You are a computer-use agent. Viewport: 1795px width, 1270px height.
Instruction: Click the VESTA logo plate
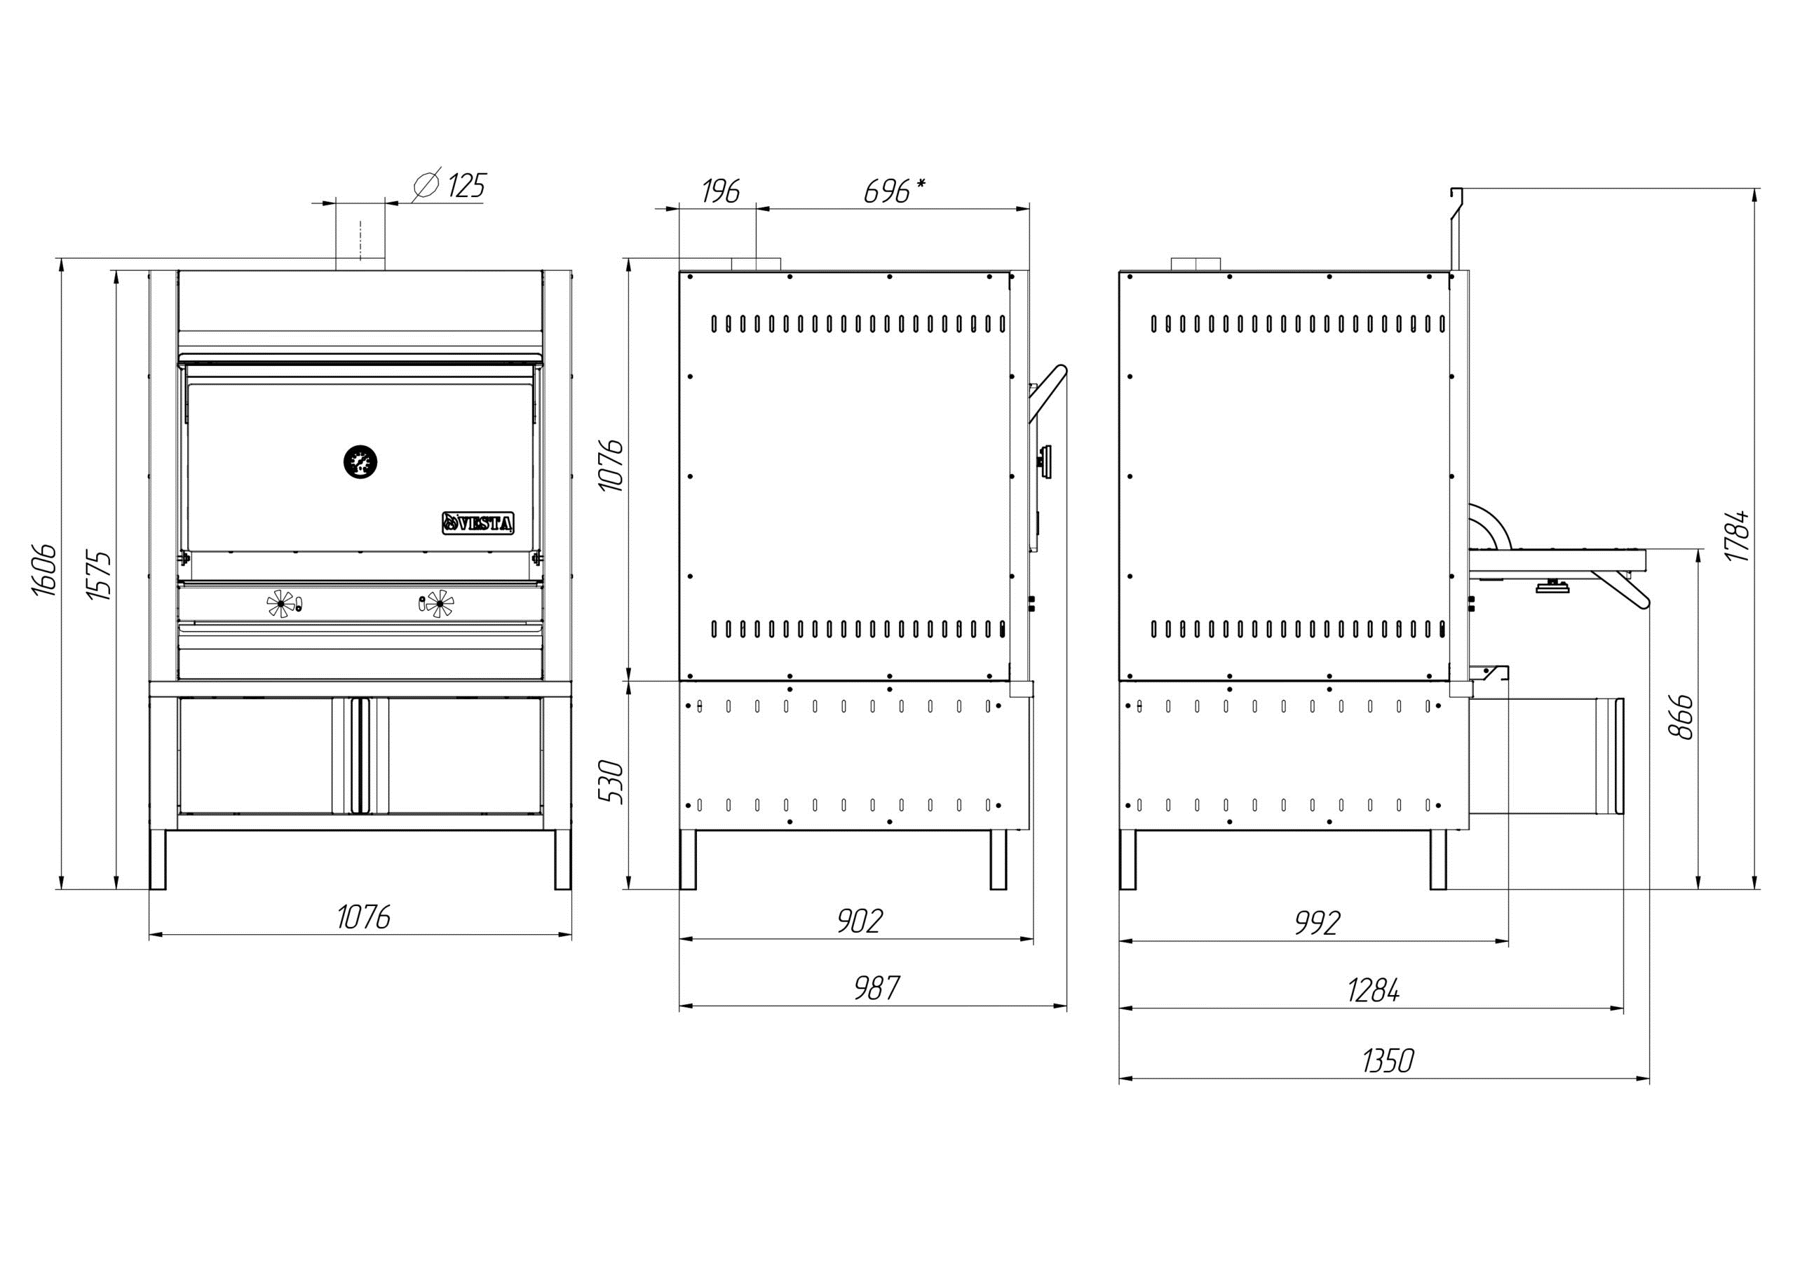(478, 523)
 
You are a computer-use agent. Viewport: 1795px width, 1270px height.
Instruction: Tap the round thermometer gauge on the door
(360, 461)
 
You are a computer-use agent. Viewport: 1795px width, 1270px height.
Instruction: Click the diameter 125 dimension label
(449, 185)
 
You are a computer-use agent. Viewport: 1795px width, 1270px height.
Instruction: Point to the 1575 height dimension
(100, 576)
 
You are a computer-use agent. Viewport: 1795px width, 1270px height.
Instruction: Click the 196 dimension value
(720, 191)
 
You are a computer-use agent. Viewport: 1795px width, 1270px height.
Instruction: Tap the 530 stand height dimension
(611, 781)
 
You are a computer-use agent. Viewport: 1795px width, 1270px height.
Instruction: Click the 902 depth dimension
(860, 921)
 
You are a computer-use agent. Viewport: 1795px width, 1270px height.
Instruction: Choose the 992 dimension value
(1318, 923)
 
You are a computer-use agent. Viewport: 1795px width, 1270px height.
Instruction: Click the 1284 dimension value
(1374, 991)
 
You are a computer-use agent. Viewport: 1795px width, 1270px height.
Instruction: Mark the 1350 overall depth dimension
(1388, 1060)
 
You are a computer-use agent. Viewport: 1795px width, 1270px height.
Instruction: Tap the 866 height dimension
(1681, 715)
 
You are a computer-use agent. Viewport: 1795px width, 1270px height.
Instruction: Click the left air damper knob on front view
(280, 603)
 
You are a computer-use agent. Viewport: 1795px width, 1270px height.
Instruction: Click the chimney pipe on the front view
(360, 235)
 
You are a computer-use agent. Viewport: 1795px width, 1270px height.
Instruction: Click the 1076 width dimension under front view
(363, 917)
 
